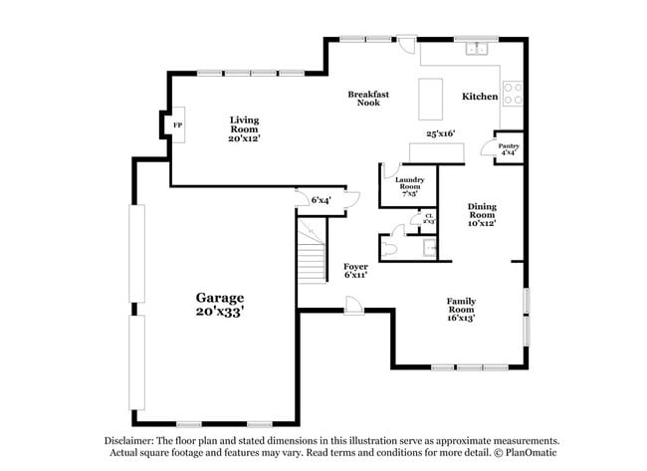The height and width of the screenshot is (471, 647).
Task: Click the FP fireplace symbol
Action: pos(178,124)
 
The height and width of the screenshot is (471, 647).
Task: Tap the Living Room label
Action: pos(244,128)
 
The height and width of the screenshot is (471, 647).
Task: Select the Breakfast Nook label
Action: pos(367,98)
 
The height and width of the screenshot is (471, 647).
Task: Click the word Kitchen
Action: pos(480,97)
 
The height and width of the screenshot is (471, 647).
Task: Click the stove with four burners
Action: pos(514,94)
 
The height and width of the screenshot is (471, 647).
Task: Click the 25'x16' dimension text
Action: pos(440,132)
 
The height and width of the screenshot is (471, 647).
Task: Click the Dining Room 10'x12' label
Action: pos(482,215)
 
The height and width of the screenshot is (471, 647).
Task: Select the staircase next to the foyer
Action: pos(313,253)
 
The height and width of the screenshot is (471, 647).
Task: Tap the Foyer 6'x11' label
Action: pos(355,270)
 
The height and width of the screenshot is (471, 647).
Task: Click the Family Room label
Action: pos(460,310)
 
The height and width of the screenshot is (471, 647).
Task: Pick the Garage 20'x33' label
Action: pos(219,304)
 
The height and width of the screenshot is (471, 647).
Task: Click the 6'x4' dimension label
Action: pos(321,200)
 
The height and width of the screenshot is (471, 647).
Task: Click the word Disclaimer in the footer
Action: pos(134,440)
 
